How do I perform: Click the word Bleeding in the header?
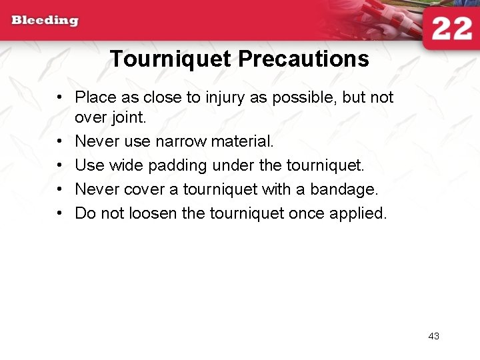pos(45,20)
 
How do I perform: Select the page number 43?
pos(433,336)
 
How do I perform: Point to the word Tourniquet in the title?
pos(171,59)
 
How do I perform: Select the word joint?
pos(130,118)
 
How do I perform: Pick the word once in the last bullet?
pos(309,213)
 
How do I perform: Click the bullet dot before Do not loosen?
pos(60,213)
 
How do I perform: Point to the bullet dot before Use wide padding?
pos(60,165)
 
